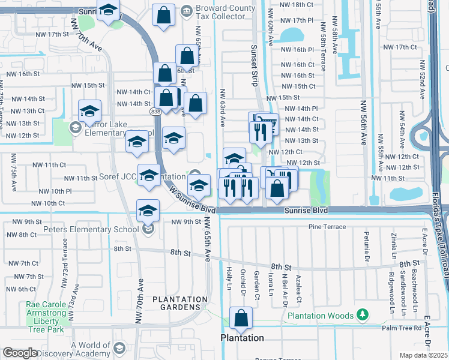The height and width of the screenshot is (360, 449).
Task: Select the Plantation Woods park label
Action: (321, 316)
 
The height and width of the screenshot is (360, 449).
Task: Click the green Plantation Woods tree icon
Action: (362, 314)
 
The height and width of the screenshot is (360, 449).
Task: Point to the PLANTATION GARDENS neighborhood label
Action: (179, 303)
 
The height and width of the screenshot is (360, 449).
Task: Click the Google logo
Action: (20, 353)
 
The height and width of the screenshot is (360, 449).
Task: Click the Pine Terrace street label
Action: (327, 227)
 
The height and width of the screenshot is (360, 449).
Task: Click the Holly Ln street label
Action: (229, 278)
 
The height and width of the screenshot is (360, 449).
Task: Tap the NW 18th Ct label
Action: (300, 4)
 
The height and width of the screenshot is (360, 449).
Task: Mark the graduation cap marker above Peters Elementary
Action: (148, 211)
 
